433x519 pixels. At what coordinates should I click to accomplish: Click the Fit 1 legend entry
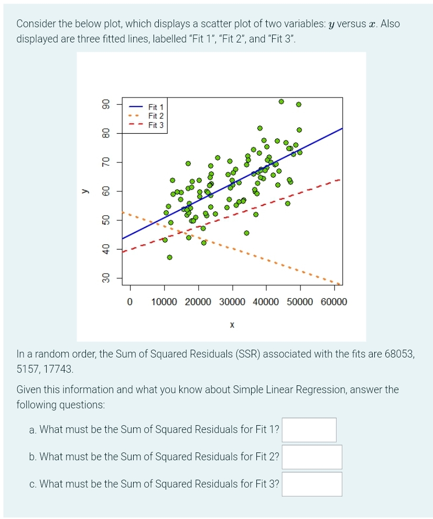pyautogui.click(x=156, y=107)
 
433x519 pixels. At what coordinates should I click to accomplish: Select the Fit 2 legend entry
pyautogui.click(x=156, y=116)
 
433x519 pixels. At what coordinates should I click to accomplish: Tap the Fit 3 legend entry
pyautogui.click(x=156, y=125)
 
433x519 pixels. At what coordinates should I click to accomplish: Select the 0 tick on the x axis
pyautogui.click(x=130, y=302)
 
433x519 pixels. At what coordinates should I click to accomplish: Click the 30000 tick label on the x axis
pyautogui.click(x=232, y=302)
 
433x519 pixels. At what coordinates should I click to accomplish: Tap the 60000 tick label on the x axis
pyautogui.click(x=334, y=302)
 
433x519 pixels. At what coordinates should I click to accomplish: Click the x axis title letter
pyautogui.click(x=232, y=326)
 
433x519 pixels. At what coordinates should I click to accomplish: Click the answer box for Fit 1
pyautogui.click(x=309, y=430)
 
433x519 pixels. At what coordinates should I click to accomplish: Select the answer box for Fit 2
pyautogui.click(x=312, y=457)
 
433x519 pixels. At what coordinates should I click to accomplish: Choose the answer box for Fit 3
pyautogui.click(x=312, y=484)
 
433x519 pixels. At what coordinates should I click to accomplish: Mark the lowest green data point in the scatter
pyautogui.click(x=169, y=257)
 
